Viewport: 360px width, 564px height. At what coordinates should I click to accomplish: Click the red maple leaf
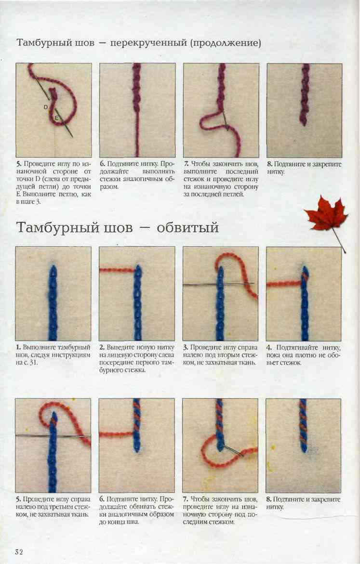pyautogui.click(x=326, y=213)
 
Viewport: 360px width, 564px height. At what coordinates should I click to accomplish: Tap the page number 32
pyautogui.click(x=19, y=552)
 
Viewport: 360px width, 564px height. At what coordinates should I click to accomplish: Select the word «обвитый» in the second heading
pyautogui.click(x=188, y=227)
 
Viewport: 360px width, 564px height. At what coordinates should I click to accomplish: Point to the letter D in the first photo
pyautogui.click(x=46, y=107)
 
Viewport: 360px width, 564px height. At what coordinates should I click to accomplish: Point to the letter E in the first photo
pyautogui.click(x=56, y=118)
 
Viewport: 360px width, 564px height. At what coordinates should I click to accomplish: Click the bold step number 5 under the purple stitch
pyautogui.click(x=18, y=164)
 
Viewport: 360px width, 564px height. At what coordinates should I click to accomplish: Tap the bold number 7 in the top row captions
pyautogui.click(x=186, y=164)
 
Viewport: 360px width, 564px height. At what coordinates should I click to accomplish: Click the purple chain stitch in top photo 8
pyautogui.click(x=305, y=94)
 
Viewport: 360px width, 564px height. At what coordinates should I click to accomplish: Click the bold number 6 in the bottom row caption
pyautogui.click(x=102, y=499)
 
